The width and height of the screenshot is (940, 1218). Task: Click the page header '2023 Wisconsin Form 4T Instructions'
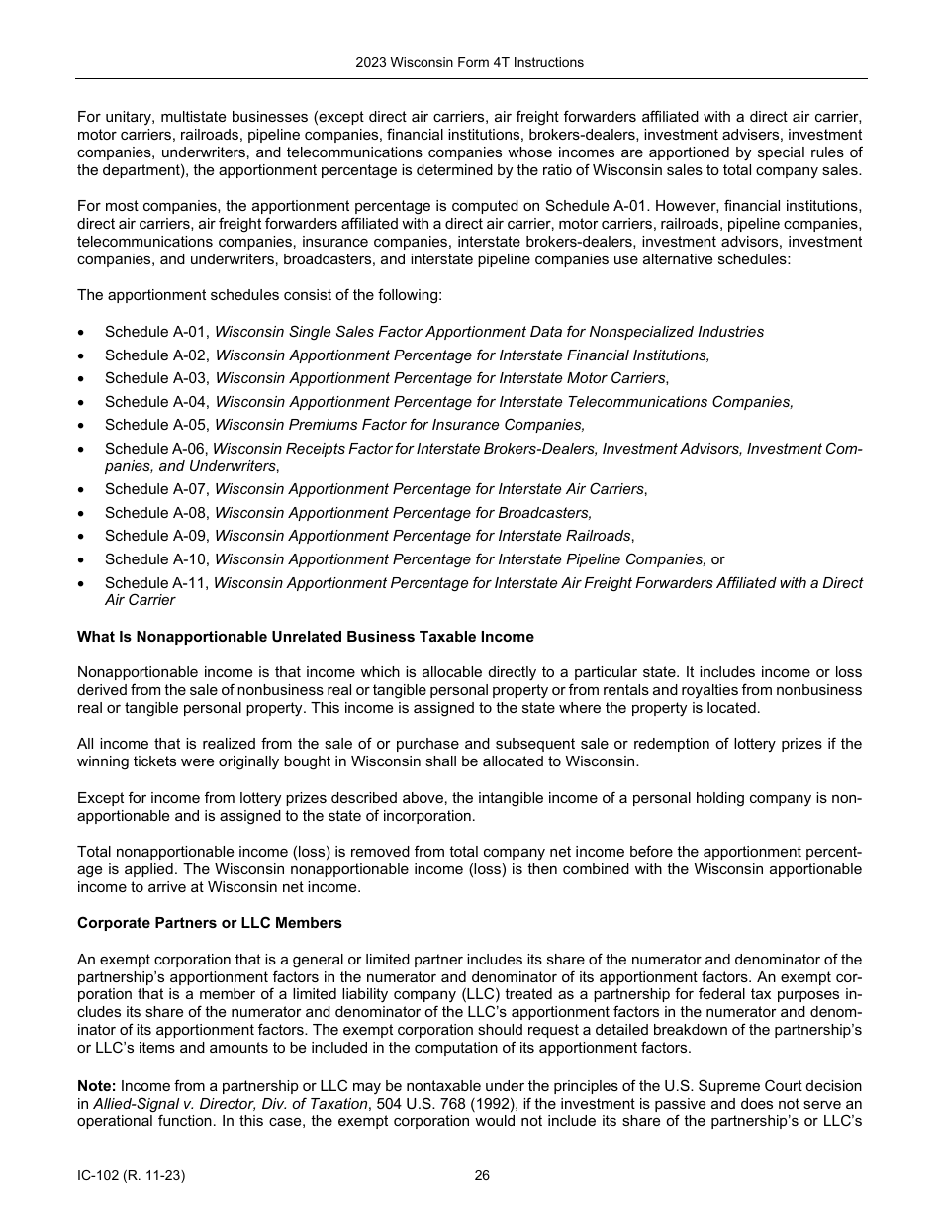coord(469,62)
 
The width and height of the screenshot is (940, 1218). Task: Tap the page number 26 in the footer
coord(482,1176)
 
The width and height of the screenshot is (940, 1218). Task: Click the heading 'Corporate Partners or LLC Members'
coord(210,923)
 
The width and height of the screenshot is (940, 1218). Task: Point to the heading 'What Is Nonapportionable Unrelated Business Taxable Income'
coord(305,637)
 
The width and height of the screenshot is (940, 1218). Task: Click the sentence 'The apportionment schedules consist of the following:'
coord(259,295)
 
